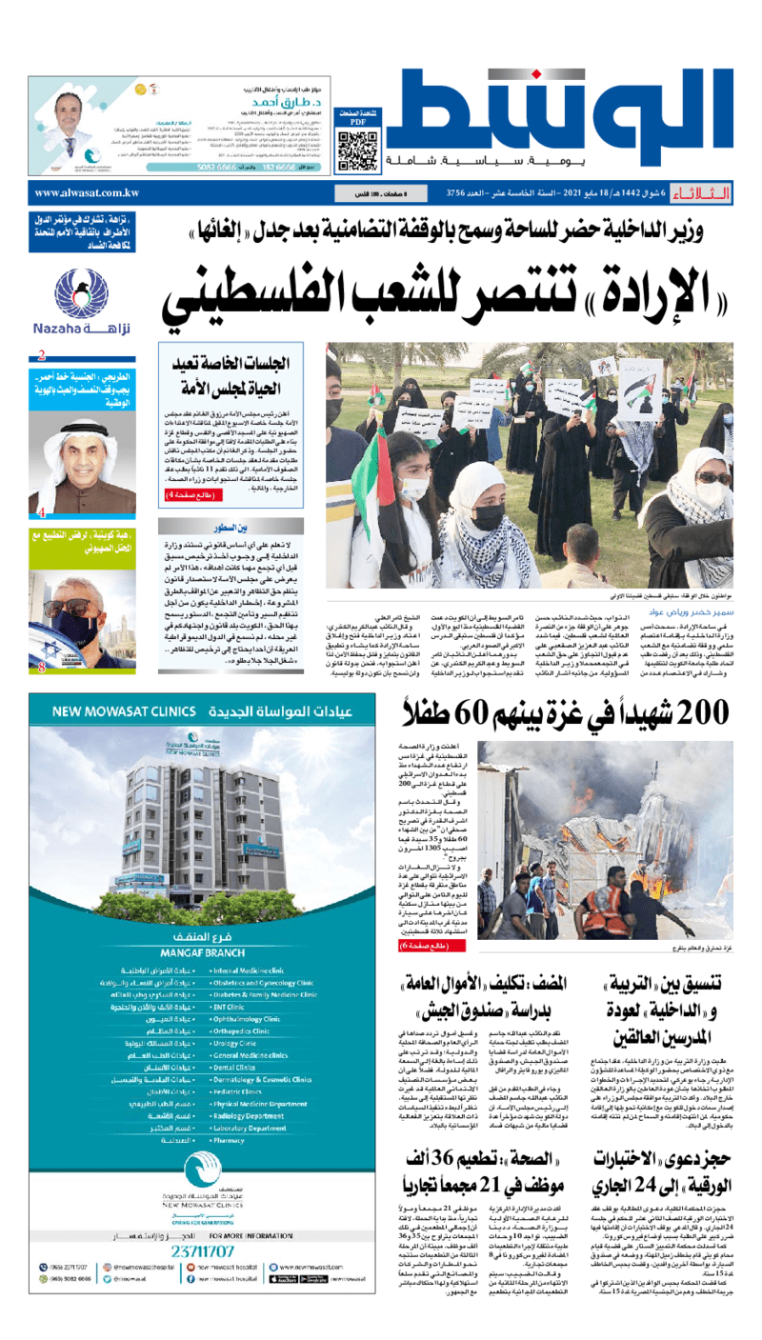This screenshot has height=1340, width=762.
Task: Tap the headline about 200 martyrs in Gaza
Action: pyautogui.click(x=565, y=711)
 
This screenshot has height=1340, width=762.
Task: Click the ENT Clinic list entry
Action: pyautogui.click(x=234, y=1005)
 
